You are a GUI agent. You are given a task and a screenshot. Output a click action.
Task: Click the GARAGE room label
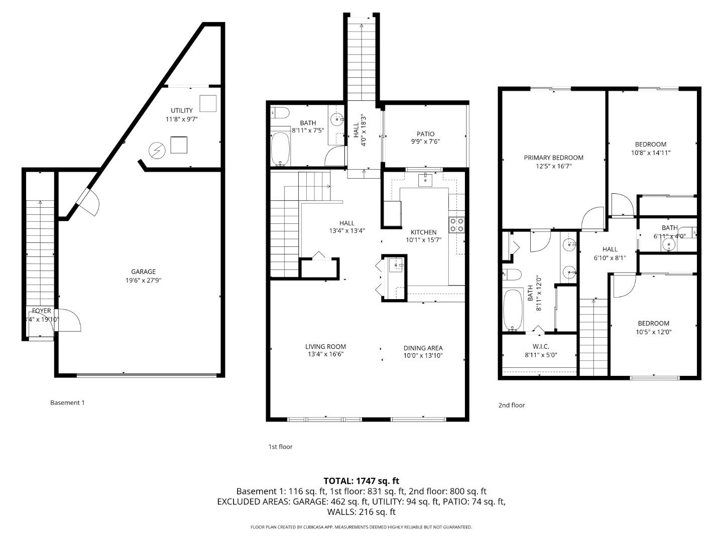coord(143,272)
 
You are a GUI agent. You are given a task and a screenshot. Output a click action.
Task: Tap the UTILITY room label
coord(181,110)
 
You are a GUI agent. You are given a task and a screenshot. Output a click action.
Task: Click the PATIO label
coord(425,134)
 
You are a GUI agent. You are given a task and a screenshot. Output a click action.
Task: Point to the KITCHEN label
coord(423,232)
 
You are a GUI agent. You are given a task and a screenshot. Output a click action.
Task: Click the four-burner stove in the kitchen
coord(456,225)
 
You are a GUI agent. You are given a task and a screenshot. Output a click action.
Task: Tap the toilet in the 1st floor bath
coord(279,112)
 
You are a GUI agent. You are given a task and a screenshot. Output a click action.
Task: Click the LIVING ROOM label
coord(325,346)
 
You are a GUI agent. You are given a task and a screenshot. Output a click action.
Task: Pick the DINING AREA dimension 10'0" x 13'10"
coord(423,356)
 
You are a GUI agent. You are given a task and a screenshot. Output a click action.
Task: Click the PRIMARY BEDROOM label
coord(553,158)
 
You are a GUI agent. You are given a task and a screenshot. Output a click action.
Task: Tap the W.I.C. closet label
coord(540,346)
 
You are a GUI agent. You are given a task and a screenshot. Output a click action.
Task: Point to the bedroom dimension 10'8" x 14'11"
coord(651,153)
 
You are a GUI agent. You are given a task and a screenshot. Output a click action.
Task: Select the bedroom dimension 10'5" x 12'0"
coord(653,332)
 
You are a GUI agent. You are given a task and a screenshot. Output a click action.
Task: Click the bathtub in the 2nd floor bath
coord(513,310)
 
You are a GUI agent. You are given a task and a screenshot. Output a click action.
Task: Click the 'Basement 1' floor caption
coord(67,402)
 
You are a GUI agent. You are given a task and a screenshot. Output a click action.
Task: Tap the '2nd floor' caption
coord(511,405)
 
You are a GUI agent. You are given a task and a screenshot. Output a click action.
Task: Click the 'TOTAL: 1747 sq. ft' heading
coord(361,481)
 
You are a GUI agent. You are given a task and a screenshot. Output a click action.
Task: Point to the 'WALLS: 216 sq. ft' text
coord(361,512)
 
